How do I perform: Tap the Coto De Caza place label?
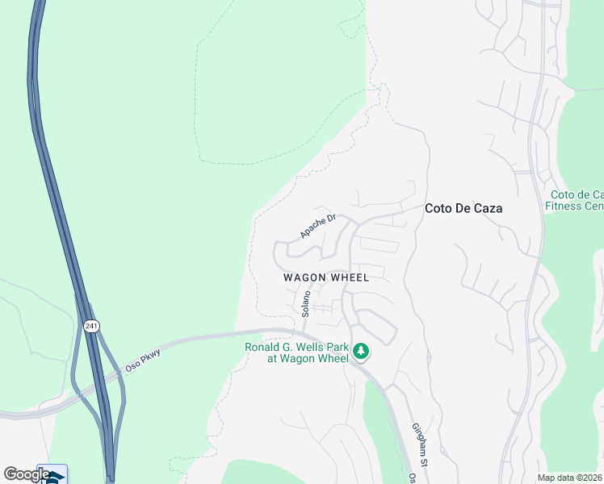click(463, 208)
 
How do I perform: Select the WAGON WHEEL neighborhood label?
click(326, 277)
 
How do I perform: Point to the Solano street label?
click(306, 304)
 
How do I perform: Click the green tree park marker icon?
click(361, 351)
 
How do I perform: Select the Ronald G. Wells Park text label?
click(297, 353)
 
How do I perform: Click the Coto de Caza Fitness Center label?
click(575, 200)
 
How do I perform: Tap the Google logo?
click(26, 474)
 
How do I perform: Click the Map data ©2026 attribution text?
click(569, 478)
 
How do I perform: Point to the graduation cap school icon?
click(53, 477)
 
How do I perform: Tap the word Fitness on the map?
click(566, 206)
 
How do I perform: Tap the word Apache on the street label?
click(312, 230)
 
